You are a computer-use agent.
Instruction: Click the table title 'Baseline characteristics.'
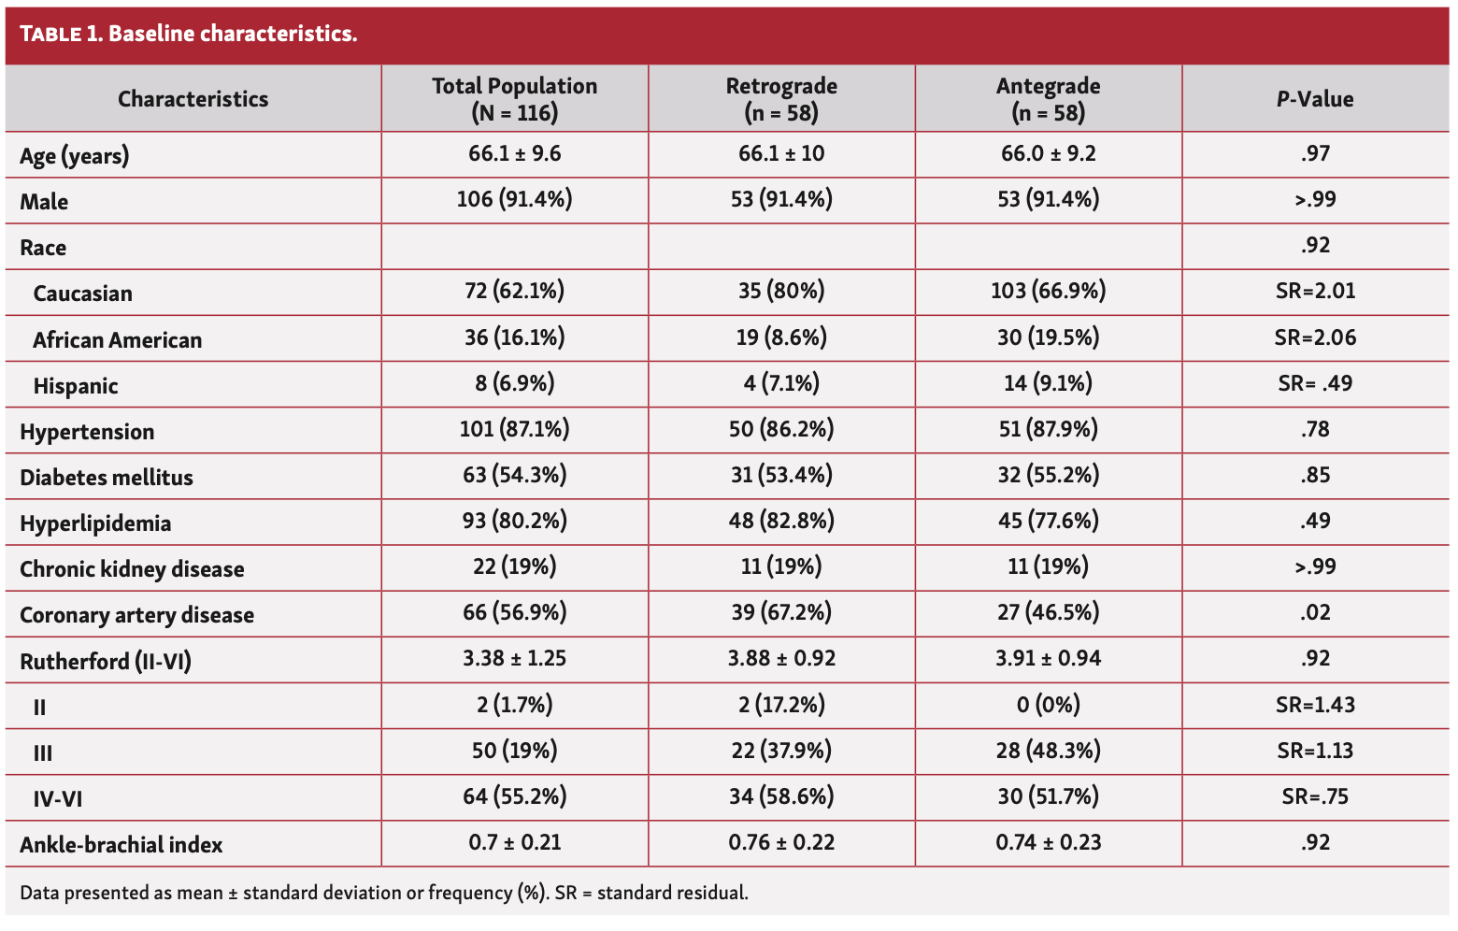[x=233, y=35]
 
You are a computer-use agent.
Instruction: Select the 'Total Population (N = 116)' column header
[x=514, y=99]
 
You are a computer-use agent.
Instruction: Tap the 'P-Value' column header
[x=1315, y=99]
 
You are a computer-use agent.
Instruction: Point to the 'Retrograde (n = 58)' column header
[x=781, y=99]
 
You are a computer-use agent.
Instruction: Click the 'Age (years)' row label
[x=75, y=155]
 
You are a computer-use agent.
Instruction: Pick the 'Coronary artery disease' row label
[x=136, y=615]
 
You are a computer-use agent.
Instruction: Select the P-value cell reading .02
[x=1315, y=613]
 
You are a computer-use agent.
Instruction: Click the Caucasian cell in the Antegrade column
[x=1048, y=291]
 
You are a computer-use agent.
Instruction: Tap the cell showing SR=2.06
[x=1315, y=337]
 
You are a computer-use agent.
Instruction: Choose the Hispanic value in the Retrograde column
[x=781, y=383]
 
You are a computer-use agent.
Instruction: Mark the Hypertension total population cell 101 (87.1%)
[x=514, y=429]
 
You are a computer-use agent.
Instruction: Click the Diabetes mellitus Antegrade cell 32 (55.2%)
[x=1048, y=475]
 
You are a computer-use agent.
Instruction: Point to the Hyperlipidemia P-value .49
[x=1315, y=521]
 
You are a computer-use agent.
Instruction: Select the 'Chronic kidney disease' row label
[x=132, y=569]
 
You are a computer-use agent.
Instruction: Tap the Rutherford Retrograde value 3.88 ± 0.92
[x=781, y=658]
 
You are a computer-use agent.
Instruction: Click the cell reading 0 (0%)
[x=1048, y=704]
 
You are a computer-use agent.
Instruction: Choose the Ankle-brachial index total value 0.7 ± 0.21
[x=514, y=842]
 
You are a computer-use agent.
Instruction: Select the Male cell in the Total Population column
[x=514, y=199]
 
